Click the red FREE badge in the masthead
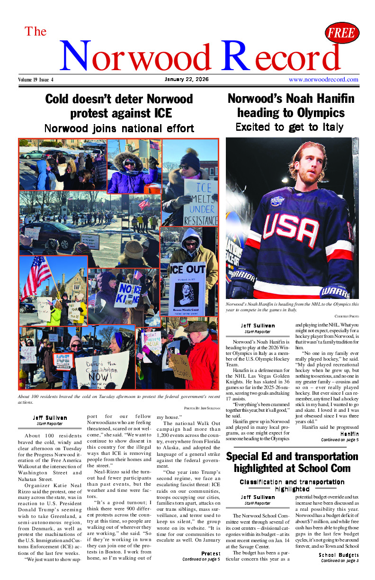[342, 33]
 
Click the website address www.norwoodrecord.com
[323, 80]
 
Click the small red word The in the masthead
[36, 31]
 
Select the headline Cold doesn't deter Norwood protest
[119, 106]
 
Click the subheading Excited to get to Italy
[289, 127]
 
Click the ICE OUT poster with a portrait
[188, 289]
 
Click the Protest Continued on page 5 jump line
[201, 556]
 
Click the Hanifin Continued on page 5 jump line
[339, 436]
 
